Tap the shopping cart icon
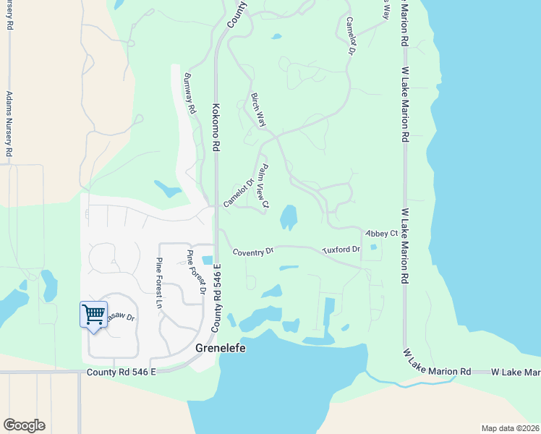(x=93, y=315)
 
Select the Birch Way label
(x=258, y=110)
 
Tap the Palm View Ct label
(x=262, y=187)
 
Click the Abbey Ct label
(x=382, y=233)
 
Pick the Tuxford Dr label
(x=341, y=250)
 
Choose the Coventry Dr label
(x=253, y=252)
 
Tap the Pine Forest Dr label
(x=196, y=273)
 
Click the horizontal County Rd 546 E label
(x=121, y=372)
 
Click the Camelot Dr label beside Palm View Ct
(x=239, y=192)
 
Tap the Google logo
(x=24, y=425)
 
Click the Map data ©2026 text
(x=510, y=428)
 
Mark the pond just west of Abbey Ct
(x=289, y=216)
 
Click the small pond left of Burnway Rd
(x=169, y=190)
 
